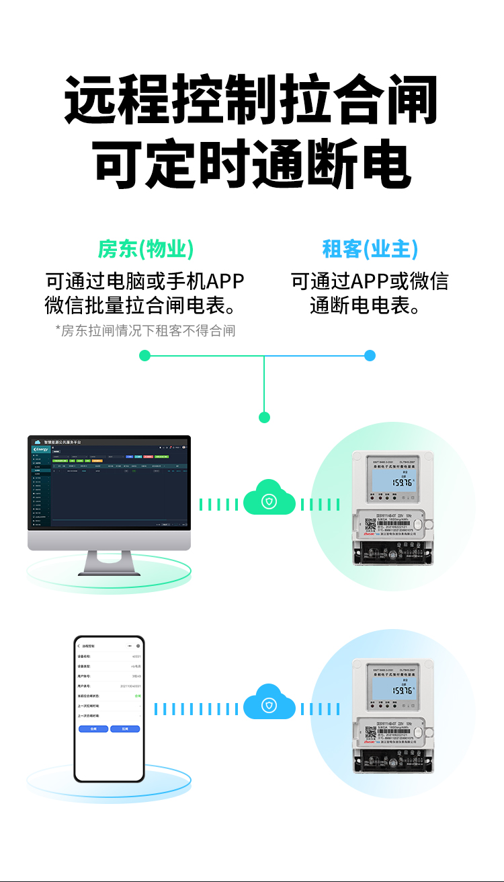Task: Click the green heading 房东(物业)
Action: pyautogui.click(x=146, y=250)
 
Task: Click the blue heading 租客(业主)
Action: pyautogui.click(x=370, y=250)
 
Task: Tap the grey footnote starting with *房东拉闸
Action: pyautogui.click(x=145, y=330)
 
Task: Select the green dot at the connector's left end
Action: pyautogui.click(x=144, y=355)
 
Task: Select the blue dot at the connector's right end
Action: pyautogui.click(x=370, y=355)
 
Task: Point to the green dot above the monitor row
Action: pyautogui.click(x=264, y=417)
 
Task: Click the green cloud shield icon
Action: pyautogui.click(x=269, y=501)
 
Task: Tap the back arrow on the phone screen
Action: pyautogui.click(x=79, y=646)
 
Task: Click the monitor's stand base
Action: pyautogui.click(x=109, y=571)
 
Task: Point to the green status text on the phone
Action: pyautogui.click(x=138, y=696)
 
